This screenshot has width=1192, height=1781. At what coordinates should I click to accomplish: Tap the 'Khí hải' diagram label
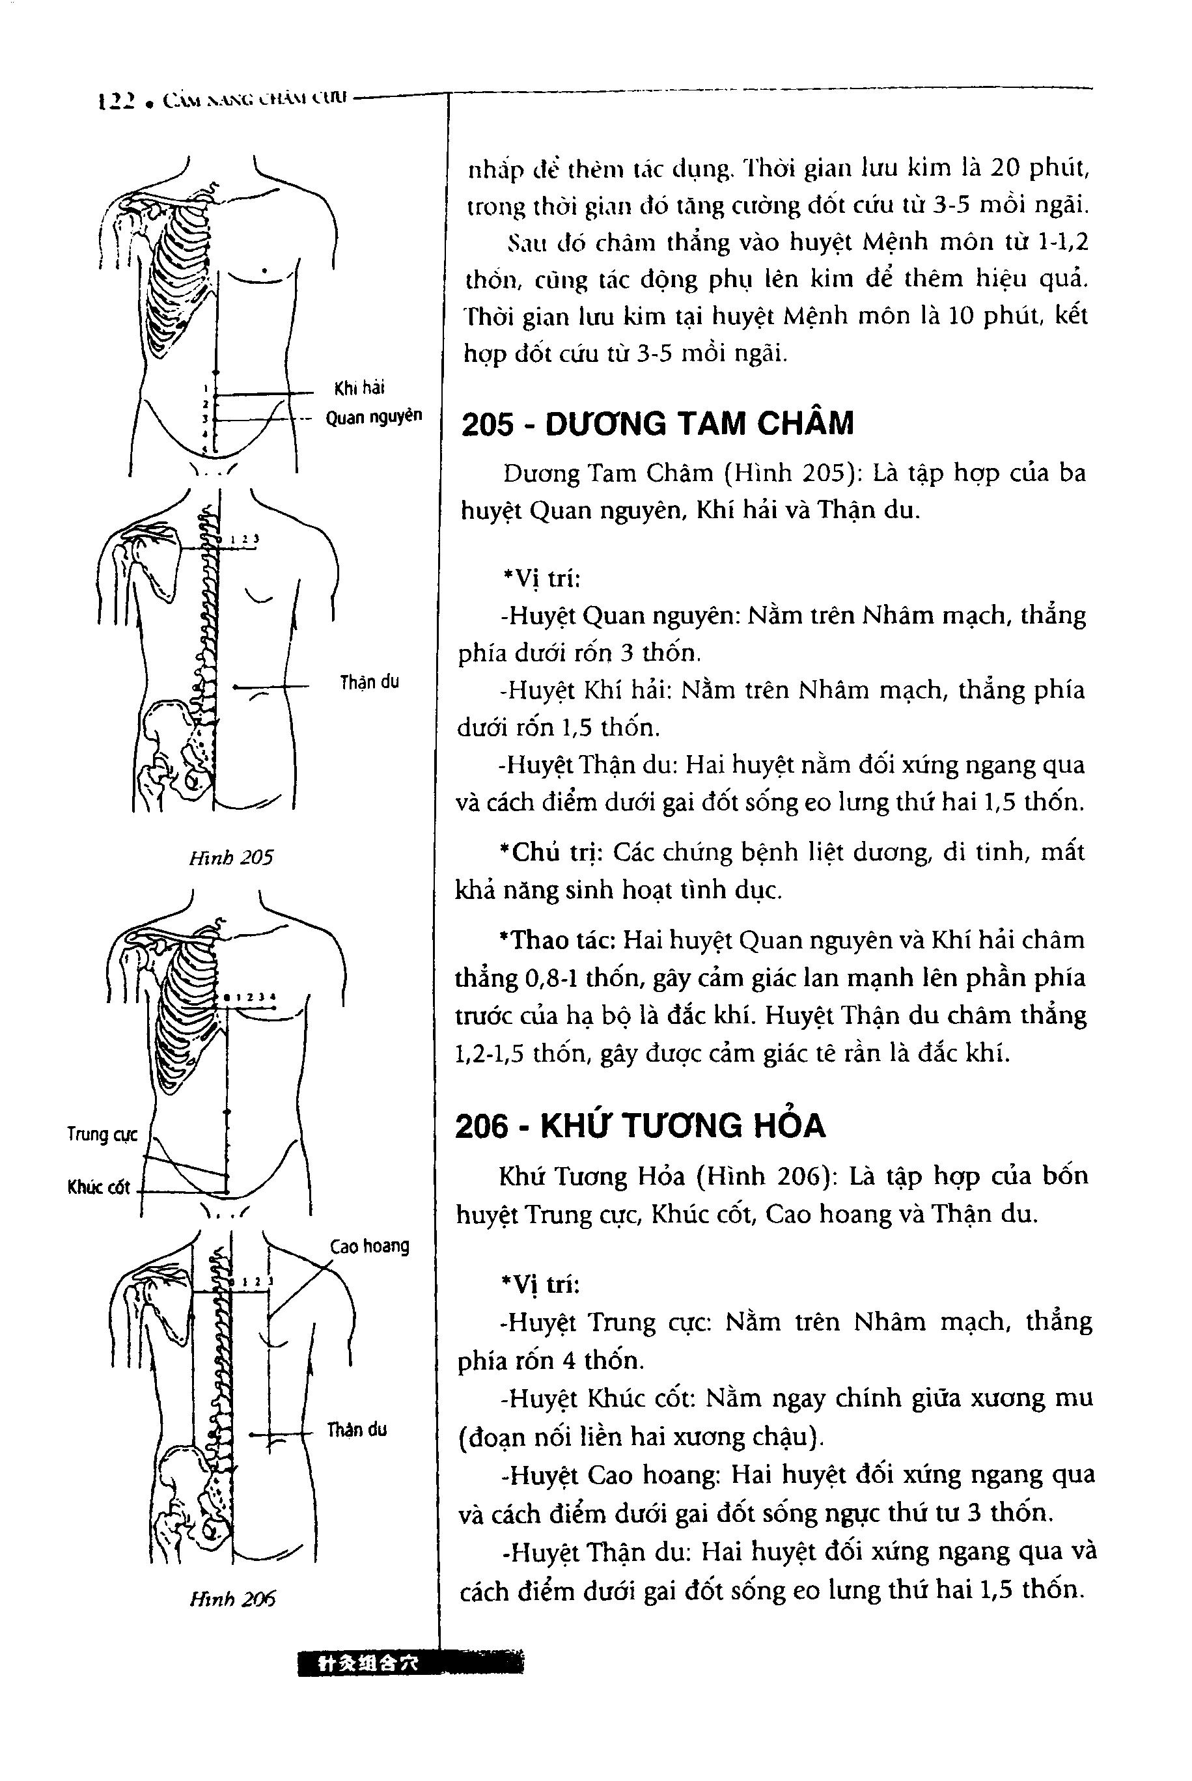359,389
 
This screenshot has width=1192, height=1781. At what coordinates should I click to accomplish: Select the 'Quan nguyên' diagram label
373,417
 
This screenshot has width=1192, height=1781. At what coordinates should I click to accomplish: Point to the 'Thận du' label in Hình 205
370,682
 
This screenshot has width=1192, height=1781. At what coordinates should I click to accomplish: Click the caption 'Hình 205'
230,857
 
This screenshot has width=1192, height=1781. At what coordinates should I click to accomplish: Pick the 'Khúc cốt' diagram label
99,1187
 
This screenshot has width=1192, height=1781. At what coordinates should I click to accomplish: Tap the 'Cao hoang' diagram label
370,1246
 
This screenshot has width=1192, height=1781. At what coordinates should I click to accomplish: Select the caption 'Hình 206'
232,1599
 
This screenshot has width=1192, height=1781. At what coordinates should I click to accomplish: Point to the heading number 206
481,1125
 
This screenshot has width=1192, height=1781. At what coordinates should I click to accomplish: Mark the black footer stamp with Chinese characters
411,1663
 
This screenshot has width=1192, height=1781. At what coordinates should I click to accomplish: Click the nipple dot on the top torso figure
263,271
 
